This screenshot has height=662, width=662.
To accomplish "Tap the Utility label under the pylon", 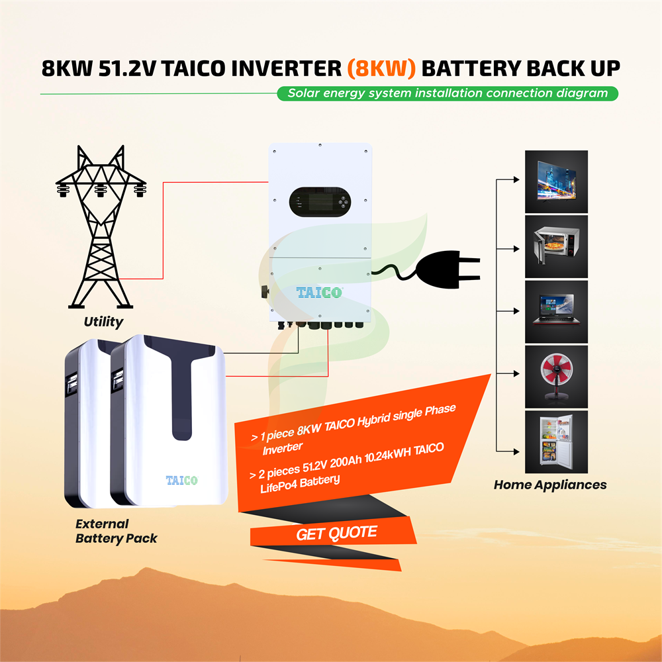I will pyautogui.click(x=103, y=322).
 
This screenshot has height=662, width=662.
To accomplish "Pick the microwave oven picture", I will pyautogui.click(x=556, y=246).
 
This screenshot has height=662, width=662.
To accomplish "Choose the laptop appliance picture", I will pyautogui.click(x=556, y=310).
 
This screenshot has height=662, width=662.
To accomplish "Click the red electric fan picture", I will pyautogui.click(x=556, y=375).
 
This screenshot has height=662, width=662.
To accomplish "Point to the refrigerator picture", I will pyautogui.click(x=556, y=442).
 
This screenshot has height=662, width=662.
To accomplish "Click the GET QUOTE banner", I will pyautogui.click(x=336, y=532).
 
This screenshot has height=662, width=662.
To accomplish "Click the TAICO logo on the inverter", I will pyautogui.click(x=319, y=292).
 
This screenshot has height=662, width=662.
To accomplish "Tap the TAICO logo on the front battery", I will pyautogui.click(x=181, y=481).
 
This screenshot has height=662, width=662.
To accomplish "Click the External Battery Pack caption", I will pyautogui.click(x=116, y=531).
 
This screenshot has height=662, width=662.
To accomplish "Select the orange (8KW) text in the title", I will pyautogui.click(x=381, y=68).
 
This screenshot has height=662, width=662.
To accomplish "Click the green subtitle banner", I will pyautogui.click(x=448, y=93).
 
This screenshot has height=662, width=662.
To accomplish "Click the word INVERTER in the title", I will pyautogui.click(x=282, y=68).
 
